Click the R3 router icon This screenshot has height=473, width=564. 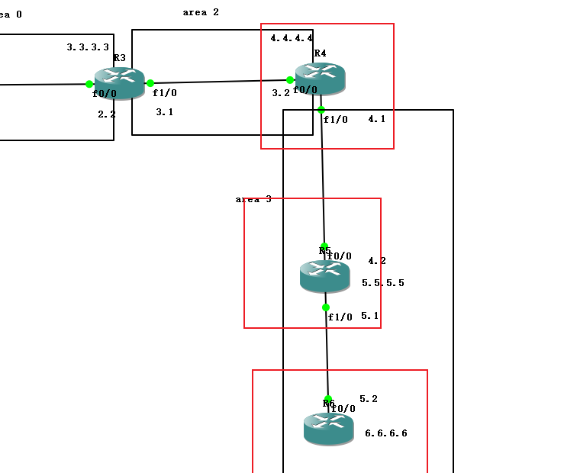[x=120, y=82]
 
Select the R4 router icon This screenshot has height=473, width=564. [x=321, y=79]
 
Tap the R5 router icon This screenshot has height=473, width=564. [x=324, y=276]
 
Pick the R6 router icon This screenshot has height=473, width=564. [x=328, y=429]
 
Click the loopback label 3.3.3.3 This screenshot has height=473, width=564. [x=88, y=47]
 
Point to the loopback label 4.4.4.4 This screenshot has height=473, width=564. [x=292, y=38]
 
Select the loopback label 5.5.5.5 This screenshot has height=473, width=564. [x=383, y=283]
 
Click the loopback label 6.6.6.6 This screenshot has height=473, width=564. [x=386, y=433]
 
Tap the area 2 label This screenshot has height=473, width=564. [x=201, y=13]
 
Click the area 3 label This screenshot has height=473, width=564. [x=253, y=199]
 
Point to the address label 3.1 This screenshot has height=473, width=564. [x=164, y=112]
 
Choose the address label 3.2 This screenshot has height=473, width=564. [x=281, y=93]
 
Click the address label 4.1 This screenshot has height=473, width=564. [x=377, y=120]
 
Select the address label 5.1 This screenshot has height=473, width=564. [x=370, y=316]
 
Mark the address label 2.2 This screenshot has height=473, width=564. [x=107, y=114]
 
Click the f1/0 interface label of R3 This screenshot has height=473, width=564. [x=165, y=94]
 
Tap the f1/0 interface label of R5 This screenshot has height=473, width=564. [x=340, y=317]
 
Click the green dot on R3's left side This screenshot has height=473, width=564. [x=89, y=84]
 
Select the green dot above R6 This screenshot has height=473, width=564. [x=328, y=399]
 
